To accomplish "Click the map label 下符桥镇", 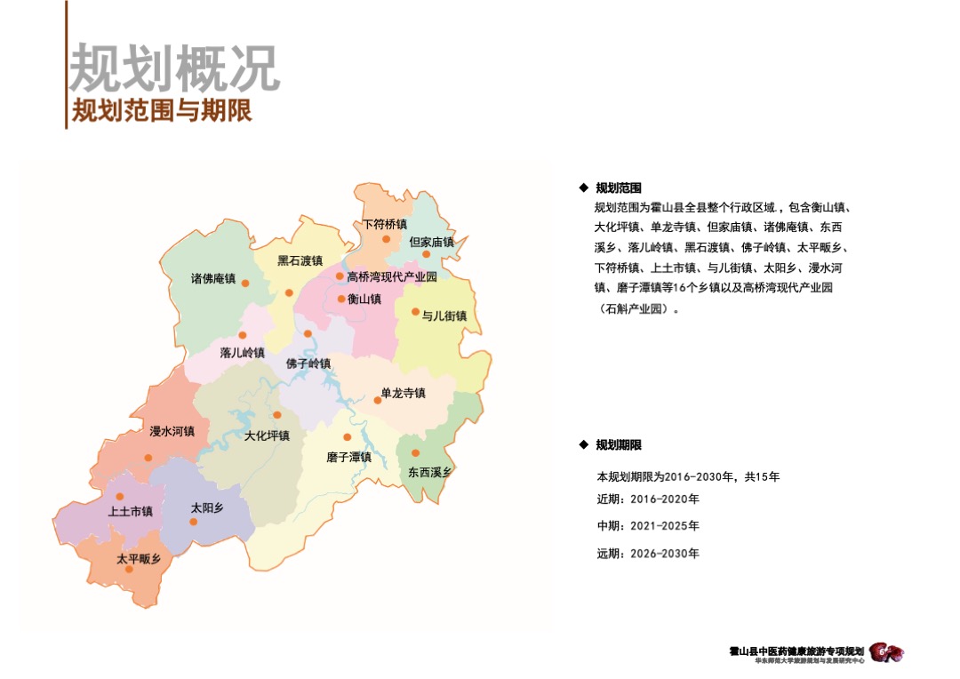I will [385, 224].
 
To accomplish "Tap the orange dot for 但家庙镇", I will [427, 254].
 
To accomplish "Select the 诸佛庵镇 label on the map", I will [213, 278].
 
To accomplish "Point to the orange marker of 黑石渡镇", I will [289, 292].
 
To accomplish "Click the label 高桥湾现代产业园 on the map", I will [392, 277].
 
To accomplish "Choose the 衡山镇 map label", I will [364, 300].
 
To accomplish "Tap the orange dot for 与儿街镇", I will [415, 311].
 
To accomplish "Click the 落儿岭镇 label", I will [243, 353].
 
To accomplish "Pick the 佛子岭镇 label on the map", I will [308, 363].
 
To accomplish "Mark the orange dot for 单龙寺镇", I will [378, 400].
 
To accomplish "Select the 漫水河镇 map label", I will [172, 432].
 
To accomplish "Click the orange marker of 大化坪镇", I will [277, 414].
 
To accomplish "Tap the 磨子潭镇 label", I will [348, 457].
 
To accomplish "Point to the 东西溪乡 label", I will [430, 472].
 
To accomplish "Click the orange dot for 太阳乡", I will [193, 522].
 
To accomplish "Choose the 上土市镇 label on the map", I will [131, 512].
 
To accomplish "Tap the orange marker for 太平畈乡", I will [129, 569].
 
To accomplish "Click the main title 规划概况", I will [175, 68].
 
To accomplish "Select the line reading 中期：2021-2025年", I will [648, 526].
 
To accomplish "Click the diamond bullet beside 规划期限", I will [583, 444].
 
